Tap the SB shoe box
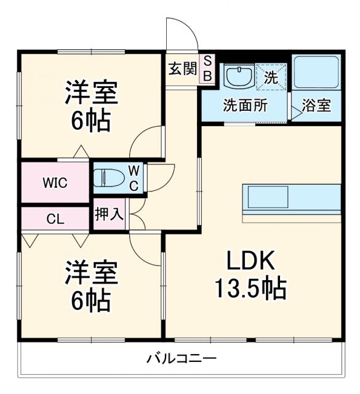(x=207, y=68)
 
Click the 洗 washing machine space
(x=271, y=77)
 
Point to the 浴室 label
(x=318, y=105)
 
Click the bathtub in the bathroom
(x=318, y=73)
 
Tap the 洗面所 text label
(x=245, y=105)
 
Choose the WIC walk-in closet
(x=55, y=183)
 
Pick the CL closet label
(x=55, y=218)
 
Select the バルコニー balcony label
(x=182, y=358)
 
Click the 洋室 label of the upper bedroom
(x=91, y=94)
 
